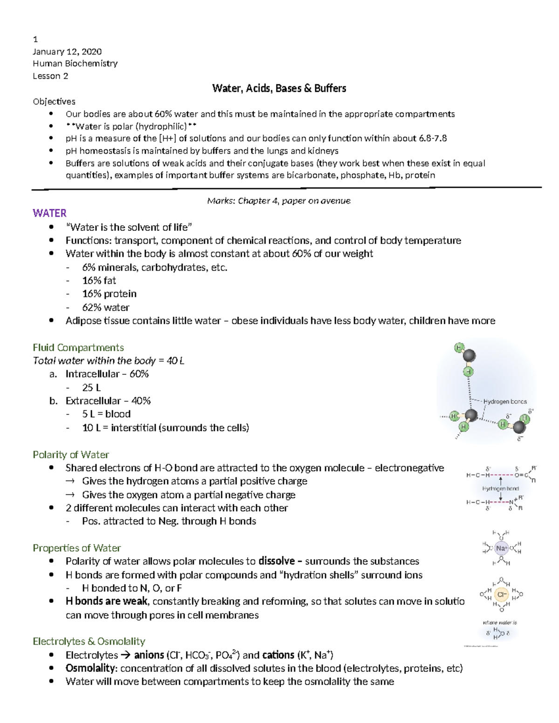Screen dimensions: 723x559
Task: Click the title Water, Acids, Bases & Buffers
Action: coord(279,88)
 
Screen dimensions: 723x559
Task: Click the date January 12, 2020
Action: coord(67,51)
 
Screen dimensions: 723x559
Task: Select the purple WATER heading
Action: coord(49,213)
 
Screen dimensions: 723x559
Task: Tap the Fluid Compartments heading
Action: coord(78,348)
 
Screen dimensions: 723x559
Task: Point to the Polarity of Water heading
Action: coord(71,455)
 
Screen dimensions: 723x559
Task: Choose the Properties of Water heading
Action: coord(77,548)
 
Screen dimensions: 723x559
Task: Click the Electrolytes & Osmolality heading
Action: coord(89,642)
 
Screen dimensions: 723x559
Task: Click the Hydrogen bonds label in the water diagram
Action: coord(505,401)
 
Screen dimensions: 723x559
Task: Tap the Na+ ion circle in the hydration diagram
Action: coord(501,548)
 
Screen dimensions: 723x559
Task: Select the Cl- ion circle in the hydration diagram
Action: coord(501,595)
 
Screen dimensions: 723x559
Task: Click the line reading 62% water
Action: coord(106,308)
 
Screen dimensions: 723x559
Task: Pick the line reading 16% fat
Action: coord(99,281)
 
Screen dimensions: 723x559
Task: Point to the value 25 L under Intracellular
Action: coord(91,388)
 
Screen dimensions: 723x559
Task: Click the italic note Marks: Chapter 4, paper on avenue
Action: coord(279,201)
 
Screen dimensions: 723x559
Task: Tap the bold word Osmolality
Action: coord(91,669)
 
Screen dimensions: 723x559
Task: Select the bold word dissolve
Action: coord(276,561)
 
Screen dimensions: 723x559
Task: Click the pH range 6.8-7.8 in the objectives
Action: coord(433,138)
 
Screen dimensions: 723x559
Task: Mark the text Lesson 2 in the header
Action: coord(50,76)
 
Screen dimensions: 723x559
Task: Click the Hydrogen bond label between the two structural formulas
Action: coord(500,488)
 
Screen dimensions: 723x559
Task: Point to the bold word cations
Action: coord(279,655)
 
